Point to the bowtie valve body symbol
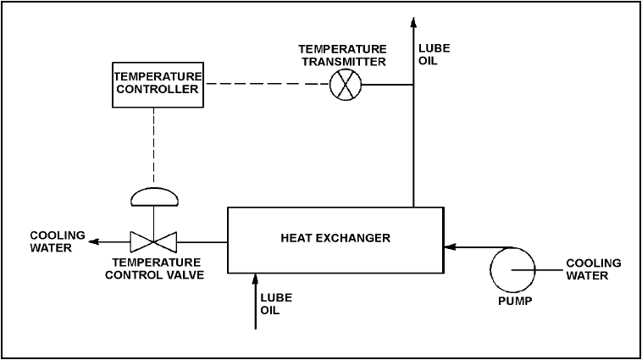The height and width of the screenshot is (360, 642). click(x=153, y=242)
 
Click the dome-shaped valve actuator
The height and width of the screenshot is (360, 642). click(x=154, y=197)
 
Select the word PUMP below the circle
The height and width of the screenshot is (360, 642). click(x=515, y=301)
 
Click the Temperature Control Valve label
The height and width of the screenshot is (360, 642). click(x=154, y=269)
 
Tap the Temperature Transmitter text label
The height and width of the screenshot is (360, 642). click(x=343, y=55)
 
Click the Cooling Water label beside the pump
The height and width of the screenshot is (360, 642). click(x=593, y=269)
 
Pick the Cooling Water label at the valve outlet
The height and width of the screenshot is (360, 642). click(x=58, y=241)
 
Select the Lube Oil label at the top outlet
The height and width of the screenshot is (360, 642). click(x=434, y=54)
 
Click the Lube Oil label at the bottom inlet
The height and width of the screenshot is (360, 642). click(x=276, y=304)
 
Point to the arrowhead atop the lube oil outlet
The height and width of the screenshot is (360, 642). click(x=413, y=22)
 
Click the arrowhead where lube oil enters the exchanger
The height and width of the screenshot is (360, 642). click(x=256, y=279)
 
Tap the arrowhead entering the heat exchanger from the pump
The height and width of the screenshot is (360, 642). click(x=450, y=247)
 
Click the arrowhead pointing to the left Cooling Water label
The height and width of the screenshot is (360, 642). click(x=94, y=241)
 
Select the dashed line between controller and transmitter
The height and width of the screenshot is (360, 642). click(x=267, y=84)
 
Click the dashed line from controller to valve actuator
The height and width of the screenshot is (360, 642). click(x=154, y=145)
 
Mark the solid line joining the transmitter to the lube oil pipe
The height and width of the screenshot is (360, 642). click(x=387, y=85)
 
